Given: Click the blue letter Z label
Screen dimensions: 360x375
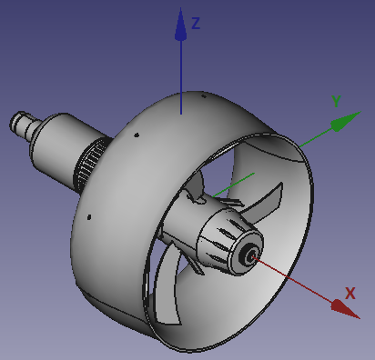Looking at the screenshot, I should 196,24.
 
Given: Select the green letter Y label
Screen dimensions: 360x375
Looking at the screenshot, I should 336,102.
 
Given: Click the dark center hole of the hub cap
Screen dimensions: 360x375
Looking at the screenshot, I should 248,255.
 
